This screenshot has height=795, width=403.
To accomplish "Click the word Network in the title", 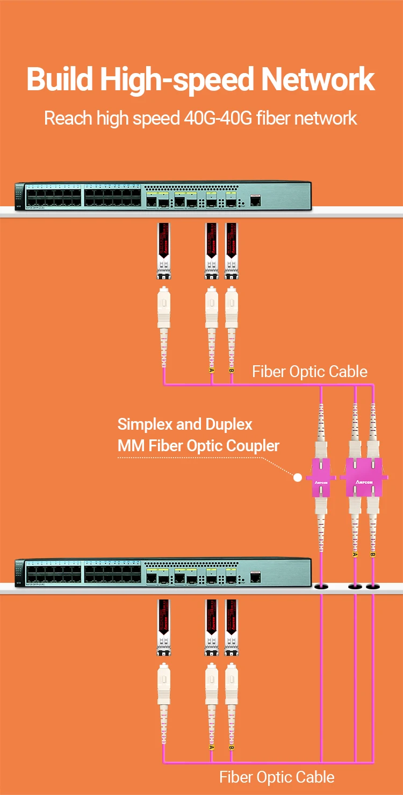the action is (x=318, y=79).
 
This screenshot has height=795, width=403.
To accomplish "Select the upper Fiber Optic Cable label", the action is (x=310, y=371).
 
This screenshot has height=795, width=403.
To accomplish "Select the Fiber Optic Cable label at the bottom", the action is (x=277, y=777).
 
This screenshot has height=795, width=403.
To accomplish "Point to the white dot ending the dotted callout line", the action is (x=297, y=476).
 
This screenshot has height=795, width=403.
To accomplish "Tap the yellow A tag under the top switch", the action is (x=212, y=371).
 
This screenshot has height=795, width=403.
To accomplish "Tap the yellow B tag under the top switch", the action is (x=232, y=371).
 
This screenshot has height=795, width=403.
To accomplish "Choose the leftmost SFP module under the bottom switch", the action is (x=163, y=627).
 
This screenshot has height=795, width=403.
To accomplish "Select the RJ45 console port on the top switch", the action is (x=256, y=201).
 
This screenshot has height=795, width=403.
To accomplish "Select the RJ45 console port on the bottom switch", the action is (x=256, y=577).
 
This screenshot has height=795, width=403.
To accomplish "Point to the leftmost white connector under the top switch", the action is (x=163, y=309).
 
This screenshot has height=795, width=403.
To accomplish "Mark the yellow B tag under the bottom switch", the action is (x=232, y=747).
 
